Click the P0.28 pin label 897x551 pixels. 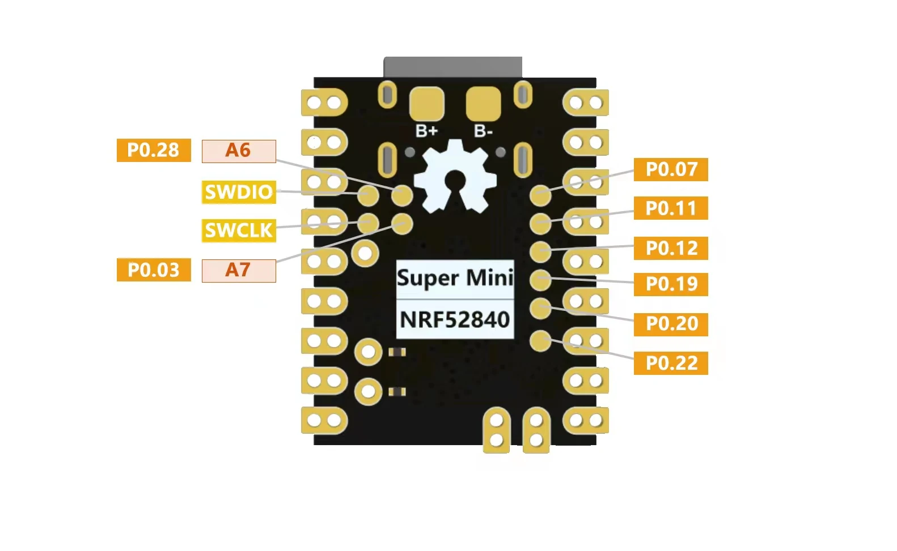[154, 150]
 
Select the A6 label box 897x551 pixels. [239, 151]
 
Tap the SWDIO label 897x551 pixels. [239, 193]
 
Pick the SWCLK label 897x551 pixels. [239, 230]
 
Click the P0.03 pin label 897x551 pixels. [154, 270]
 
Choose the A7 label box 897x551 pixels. [239, 271]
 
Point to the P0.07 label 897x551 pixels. [671, 169]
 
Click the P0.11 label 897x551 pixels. [671, 208]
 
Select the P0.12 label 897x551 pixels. [671, 248]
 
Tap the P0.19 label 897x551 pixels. [671, 284]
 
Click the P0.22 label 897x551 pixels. [671, 363]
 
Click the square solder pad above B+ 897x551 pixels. [427, 104]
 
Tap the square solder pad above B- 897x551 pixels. [483, 104]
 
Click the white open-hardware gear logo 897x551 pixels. [455, 176]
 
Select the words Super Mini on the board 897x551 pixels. [455, 278]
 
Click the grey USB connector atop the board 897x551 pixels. [453, 67]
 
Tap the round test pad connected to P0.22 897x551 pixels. [540, 341]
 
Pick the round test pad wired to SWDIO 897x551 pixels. [368, 195]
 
